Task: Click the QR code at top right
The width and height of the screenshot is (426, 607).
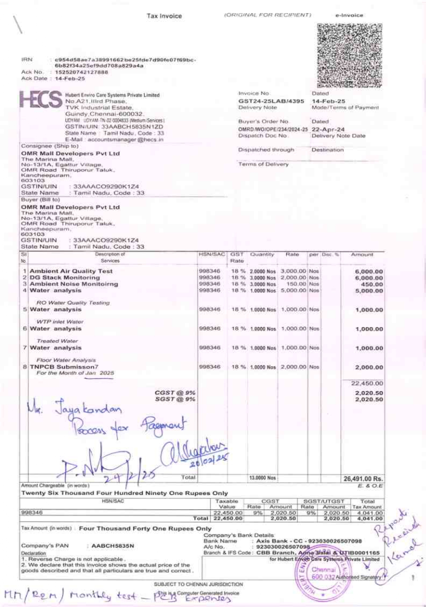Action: click(349, 55)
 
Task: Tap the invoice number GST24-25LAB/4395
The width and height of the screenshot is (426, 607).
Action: click(271, 101)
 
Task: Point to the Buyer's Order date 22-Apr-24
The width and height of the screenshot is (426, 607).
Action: click(328, 129)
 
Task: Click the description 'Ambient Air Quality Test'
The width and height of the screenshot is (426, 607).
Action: click(71, 271)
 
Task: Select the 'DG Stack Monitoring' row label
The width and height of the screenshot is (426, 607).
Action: click(65, 278)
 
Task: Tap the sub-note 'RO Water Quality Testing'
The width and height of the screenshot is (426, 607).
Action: click(73, 303)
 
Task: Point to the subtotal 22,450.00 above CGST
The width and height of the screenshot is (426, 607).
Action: click(367, 383)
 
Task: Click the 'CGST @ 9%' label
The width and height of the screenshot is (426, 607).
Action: click(175, 393)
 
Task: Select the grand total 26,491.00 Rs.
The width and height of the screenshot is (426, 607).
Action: click(363, 479)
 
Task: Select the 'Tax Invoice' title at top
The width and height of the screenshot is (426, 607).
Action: click(164, 16)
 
